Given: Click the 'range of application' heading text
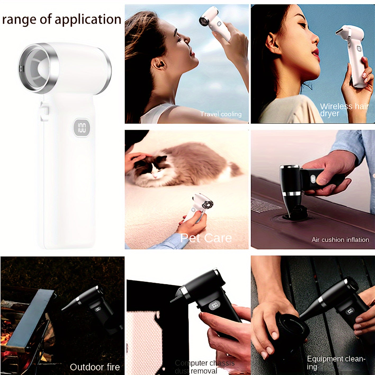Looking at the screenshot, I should tap(61, 20).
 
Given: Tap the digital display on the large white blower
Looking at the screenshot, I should tap(82, 128).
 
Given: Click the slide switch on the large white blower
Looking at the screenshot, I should tap(44, 111).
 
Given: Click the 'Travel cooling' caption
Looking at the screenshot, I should tap(221, 114).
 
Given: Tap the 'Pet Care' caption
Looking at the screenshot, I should tap(206, 238).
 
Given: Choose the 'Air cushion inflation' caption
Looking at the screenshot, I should tap(340, 240).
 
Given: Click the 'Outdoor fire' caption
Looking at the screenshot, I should tap(95, 367).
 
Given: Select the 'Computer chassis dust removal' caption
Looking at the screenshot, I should tap(204, 367).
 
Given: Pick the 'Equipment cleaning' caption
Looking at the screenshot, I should tap(336, 362).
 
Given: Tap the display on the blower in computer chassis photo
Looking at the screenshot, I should tap(214, 306).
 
